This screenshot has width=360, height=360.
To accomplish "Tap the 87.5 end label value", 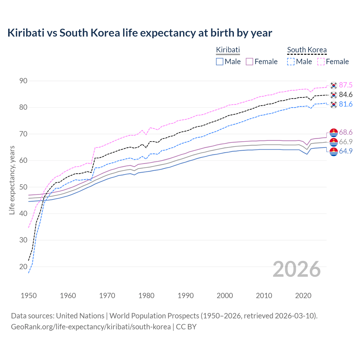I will coord(346,85).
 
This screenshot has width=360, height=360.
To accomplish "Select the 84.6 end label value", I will coord(346,95).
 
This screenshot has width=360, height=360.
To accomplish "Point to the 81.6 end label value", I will coord(346,104).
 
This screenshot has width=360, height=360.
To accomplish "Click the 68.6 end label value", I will coord(346,132).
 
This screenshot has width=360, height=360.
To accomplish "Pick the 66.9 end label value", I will coord(346,142).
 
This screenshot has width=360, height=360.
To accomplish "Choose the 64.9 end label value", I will coord(346,151).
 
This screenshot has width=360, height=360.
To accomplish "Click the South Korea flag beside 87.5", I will coord(334,85).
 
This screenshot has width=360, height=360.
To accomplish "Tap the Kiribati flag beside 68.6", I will coord(334,132).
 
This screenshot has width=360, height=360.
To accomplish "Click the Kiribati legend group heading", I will coord(228,50).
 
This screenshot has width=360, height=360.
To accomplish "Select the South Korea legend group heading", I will coord(307,50).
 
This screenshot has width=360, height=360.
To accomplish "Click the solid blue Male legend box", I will coord(220,62).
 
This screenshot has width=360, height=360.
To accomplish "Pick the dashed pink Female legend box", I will coord(321,62).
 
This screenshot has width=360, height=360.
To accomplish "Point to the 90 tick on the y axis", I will coord(23,81).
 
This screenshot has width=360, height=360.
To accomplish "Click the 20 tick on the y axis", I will coord(23,267).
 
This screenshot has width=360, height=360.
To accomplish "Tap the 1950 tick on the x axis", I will coord(29,296).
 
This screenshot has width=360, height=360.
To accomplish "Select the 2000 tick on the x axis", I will coord(225,296).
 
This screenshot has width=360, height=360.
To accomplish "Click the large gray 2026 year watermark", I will coord(297,269).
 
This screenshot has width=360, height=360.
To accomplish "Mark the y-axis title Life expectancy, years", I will coord(12,180).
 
